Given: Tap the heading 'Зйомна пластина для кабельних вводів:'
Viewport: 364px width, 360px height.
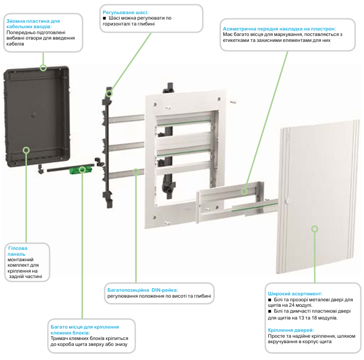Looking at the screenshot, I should pos(32,24).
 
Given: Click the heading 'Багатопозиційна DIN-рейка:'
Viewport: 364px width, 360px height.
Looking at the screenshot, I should pos(142,289).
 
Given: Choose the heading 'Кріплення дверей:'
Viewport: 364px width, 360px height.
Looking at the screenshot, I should pos(291,330).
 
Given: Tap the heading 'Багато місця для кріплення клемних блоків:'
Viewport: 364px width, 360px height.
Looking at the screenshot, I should pos(85,330).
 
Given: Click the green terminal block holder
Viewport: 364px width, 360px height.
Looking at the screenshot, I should pos(78,170).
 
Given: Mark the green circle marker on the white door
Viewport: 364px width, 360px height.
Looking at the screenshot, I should pos(314,229).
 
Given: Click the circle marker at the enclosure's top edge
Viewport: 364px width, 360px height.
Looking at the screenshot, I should pos(43,68).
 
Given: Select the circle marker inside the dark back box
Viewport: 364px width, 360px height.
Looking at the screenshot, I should pos(26,150).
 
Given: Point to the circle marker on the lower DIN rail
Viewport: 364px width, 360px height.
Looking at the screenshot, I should pos(136,172).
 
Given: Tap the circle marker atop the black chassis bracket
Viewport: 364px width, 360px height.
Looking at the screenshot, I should pos(109,93).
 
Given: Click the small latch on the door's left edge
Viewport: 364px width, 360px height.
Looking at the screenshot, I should pos(282,201).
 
